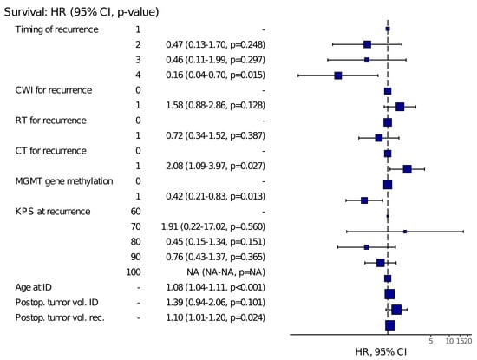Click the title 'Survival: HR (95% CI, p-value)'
click(82, 12)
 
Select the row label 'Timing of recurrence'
click(57, 29)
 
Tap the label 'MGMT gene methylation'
click(64, 181)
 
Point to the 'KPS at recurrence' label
click(53, 212)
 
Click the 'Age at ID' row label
click(34, 287)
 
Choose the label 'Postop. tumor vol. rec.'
click(60, 317)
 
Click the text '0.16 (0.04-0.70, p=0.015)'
click(215, 75)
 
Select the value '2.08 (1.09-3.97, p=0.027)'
click(215, 166)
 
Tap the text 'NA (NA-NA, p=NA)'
click(225, 272)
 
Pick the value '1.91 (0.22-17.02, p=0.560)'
click(213, 226)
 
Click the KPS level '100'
click(134, 272)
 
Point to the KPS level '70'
click(135, 226)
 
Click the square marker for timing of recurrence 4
click(338, 75)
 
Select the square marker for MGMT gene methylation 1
click(364, 200)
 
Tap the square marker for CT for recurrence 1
click(408, 169)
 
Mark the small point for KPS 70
click(405, 232)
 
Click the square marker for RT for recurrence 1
click(379, 138)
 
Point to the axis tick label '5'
click(431, 341)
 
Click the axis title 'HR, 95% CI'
click(381, 352)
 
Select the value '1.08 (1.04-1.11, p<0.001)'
click(215, 287)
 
